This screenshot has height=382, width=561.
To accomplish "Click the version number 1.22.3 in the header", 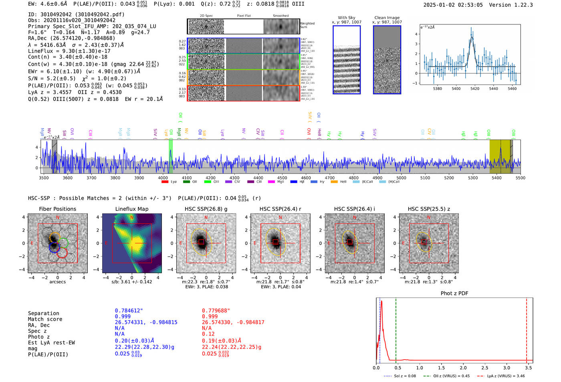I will [523, 5].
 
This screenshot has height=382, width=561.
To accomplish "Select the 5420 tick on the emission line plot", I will [475, 89].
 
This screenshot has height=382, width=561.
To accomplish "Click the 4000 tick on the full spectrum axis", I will [163, 178].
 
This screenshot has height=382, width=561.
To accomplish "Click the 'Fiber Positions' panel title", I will [57, 209].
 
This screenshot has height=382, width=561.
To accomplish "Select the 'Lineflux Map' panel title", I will [131, 209].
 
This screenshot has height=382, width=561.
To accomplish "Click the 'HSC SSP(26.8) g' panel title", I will [206, 209].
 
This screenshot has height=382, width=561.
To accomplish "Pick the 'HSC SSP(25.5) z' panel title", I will [429, 209].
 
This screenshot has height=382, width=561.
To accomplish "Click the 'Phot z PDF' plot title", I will [454, 293].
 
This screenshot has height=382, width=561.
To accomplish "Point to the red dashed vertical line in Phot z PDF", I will [527, 329].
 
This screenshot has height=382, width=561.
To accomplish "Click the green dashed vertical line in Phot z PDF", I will [396, 329].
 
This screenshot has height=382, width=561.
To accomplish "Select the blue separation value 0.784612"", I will [129, 311].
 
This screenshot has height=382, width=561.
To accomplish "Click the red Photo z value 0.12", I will [208, 334].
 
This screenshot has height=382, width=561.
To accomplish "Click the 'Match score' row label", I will [45, 319].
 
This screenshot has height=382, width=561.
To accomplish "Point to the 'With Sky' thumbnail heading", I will [346, 18].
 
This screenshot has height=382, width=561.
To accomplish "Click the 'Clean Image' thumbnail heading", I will [387, 18].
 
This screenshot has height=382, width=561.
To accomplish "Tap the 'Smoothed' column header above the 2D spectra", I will [280, 16].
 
